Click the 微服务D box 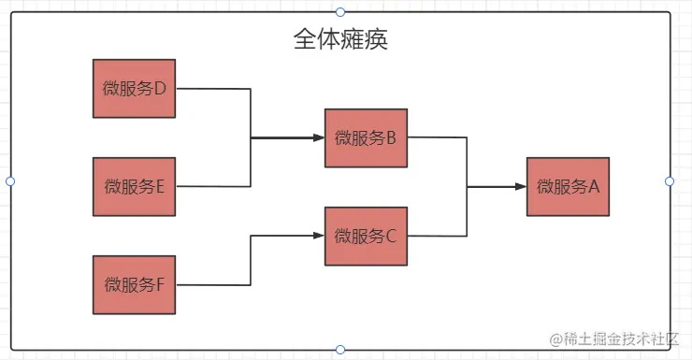(135, 89)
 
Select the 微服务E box (135, 186)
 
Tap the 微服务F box (135, 284)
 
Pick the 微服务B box (366, 138)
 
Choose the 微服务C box (366, 236)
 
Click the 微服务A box (568, 187)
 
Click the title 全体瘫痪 (340, 40)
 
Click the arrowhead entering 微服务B (318, 138)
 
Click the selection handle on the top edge (340, 11)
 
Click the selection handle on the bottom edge (340, 350)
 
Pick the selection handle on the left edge (10, 180)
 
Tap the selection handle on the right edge (670, 180)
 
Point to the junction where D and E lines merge (252, 138)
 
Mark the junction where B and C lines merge (468, 187)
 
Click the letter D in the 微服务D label (159, 89)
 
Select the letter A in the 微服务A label (592, 187)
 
